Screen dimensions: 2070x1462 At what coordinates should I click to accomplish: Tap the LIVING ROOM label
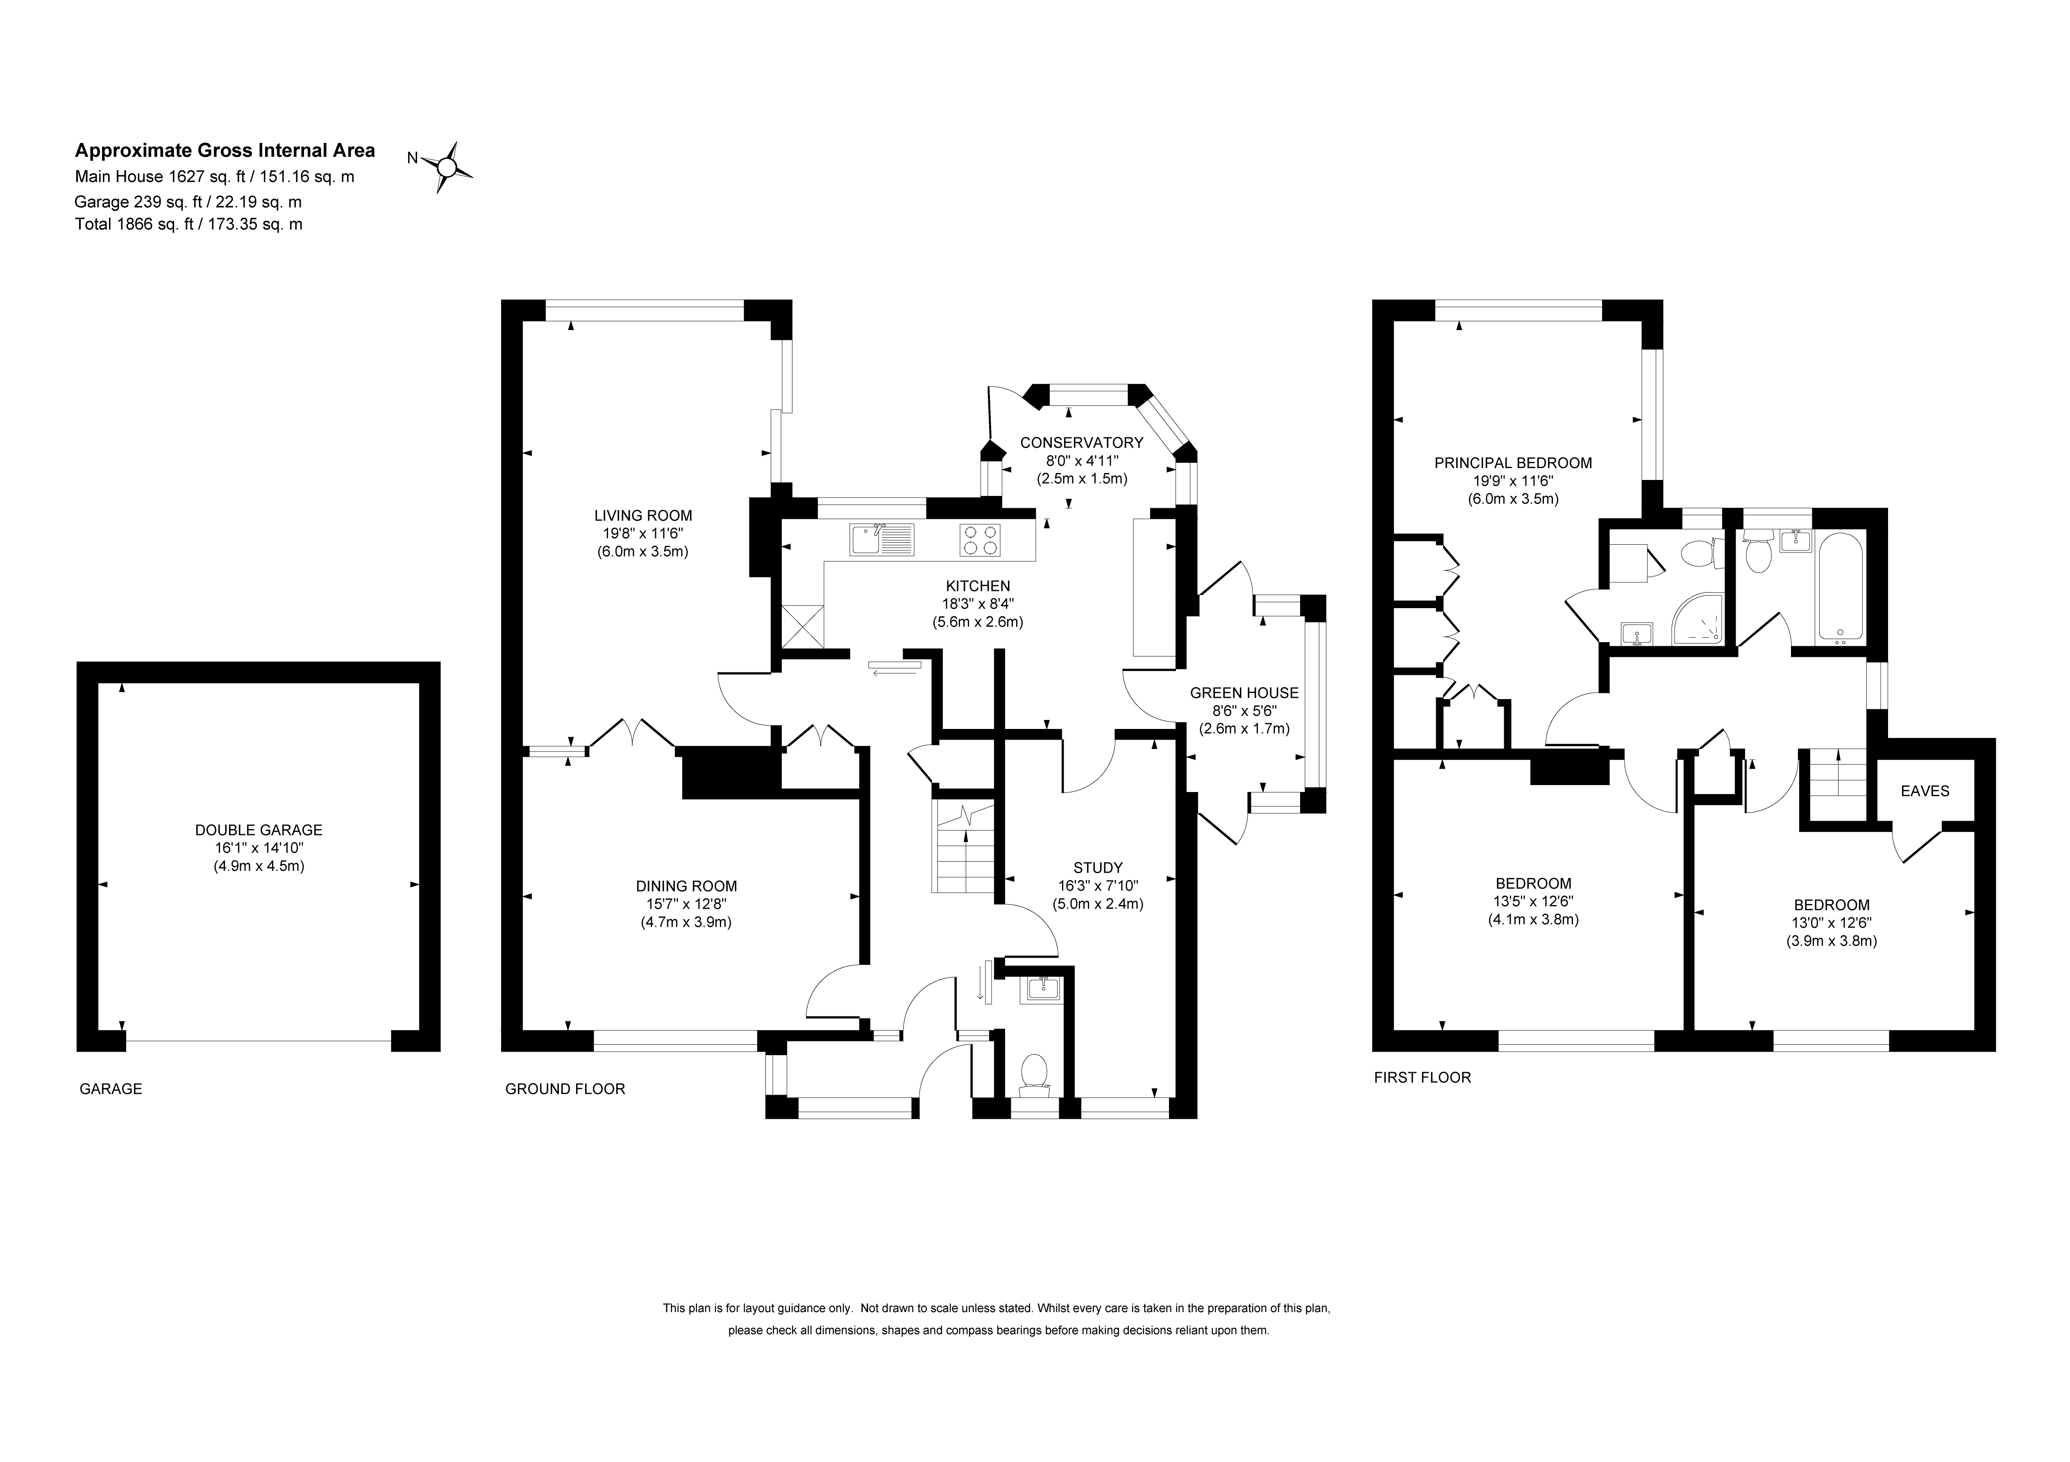coord(643,516)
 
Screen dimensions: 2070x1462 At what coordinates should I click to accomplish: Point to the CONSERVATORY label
coord(1082,443)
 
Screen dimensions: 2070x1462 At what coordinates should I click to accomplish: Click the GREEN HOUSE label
coord(1244,693)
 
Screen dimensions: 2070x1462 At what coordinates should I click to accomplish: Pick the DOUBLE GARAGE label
coord(259,830)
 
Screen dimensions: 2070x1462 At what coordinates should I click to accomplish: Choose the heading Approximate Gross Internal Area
coord(225,151)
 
